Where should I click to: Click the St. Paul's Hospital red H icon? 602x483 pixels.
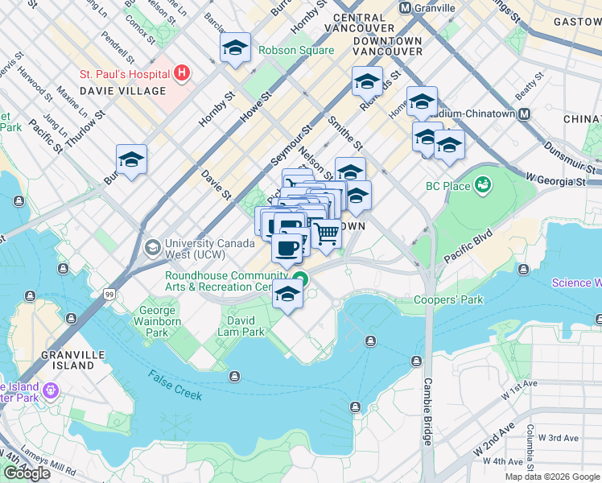pyautogui.click(x=182, y=74)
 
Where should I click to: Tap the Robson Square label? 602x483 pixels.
pyautogui.click(x=295, y=50)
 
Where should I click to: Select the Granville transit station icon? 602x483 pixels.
pyautogui.click(x=406, y=8)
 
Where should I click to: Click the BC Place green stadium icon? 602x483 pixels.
pyautogui.click(x=483, y=186)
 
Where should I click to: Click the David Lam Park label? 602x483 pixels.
pyautogui.click(x=241, y=325)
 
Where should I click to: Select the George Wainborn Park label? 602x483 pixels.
pyautogui.click(x=158, y=321)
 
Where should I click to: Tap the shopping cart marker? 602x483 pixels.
pyautogui.click(x=327, y=233)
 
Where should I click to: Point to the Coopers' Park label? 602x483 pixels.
pyautogui.click(x=447, y=300)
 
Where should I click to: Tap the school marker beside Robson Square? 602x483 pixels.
pyautogui.click(x=235, y=47)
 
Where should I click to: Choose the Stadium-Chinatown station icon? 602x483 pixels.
pyautogui.click(x=524, y=114)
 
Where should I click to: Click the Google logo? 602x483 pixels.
pyautogui.click(x=27, y=473)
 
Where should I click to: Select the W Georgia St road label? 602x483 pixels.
pyautogui.click(x=555, y=179)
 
